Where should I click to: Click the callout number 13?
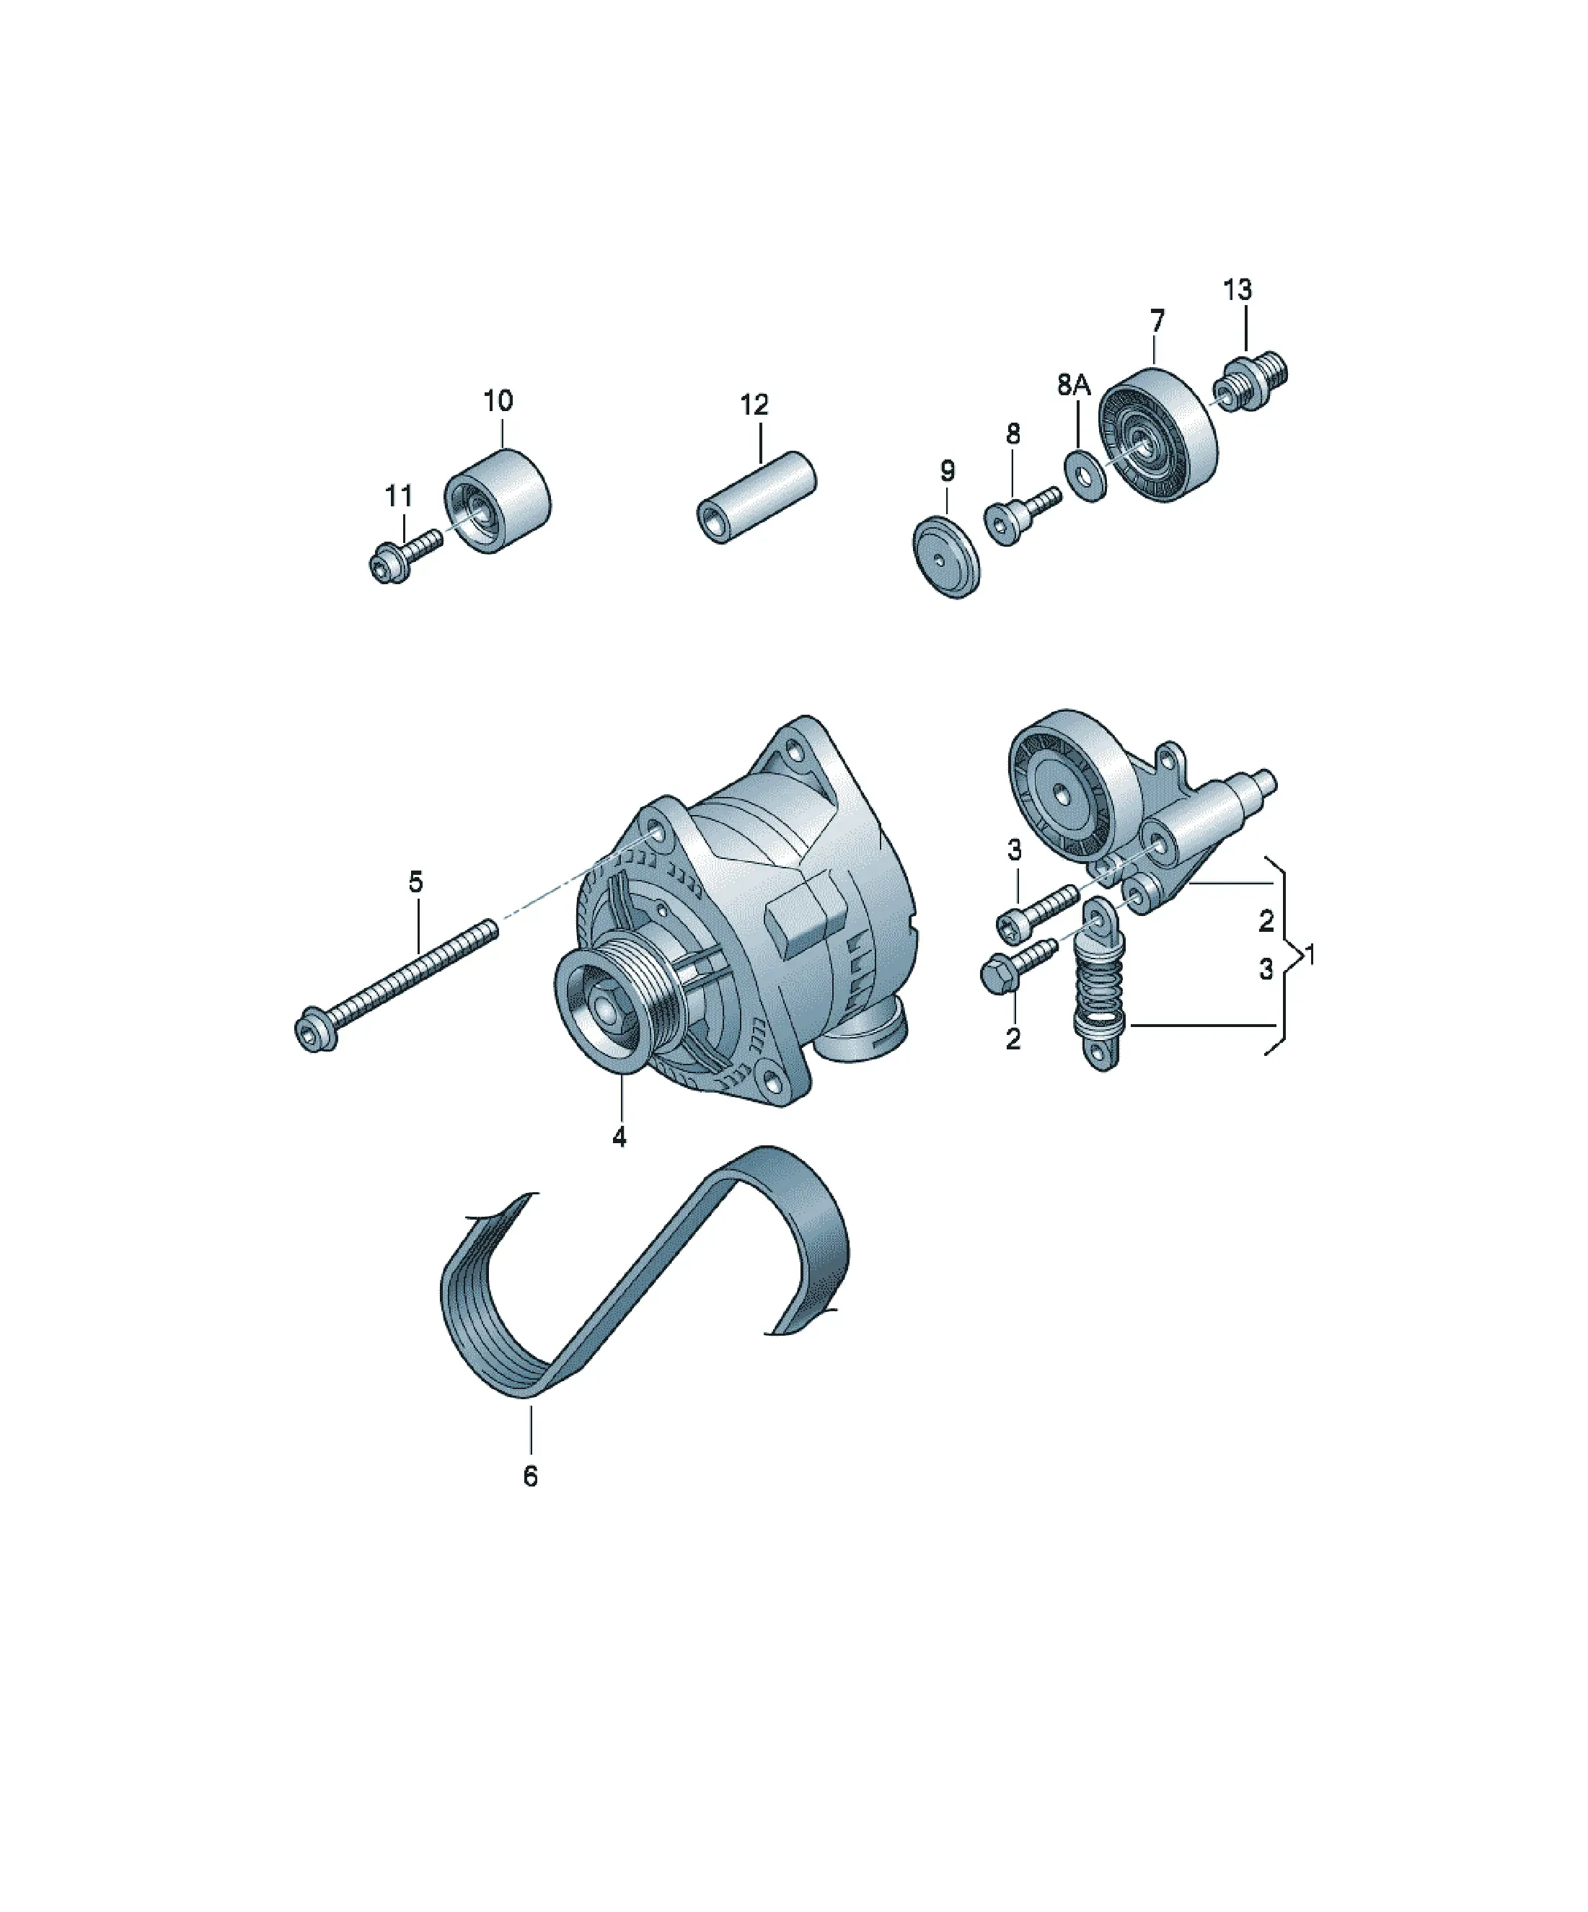[x=1237, y=291]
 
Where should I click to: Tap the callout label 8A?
[x=1074, y=385]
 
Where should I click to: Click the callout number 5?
[x=416, y=881]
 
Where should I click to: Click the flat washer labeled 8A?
[x=1085, y=473]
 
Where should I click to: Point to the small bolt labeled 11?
[x=405, y=555]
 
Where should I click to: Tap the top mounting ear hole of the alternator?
[x=798, y=754]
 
